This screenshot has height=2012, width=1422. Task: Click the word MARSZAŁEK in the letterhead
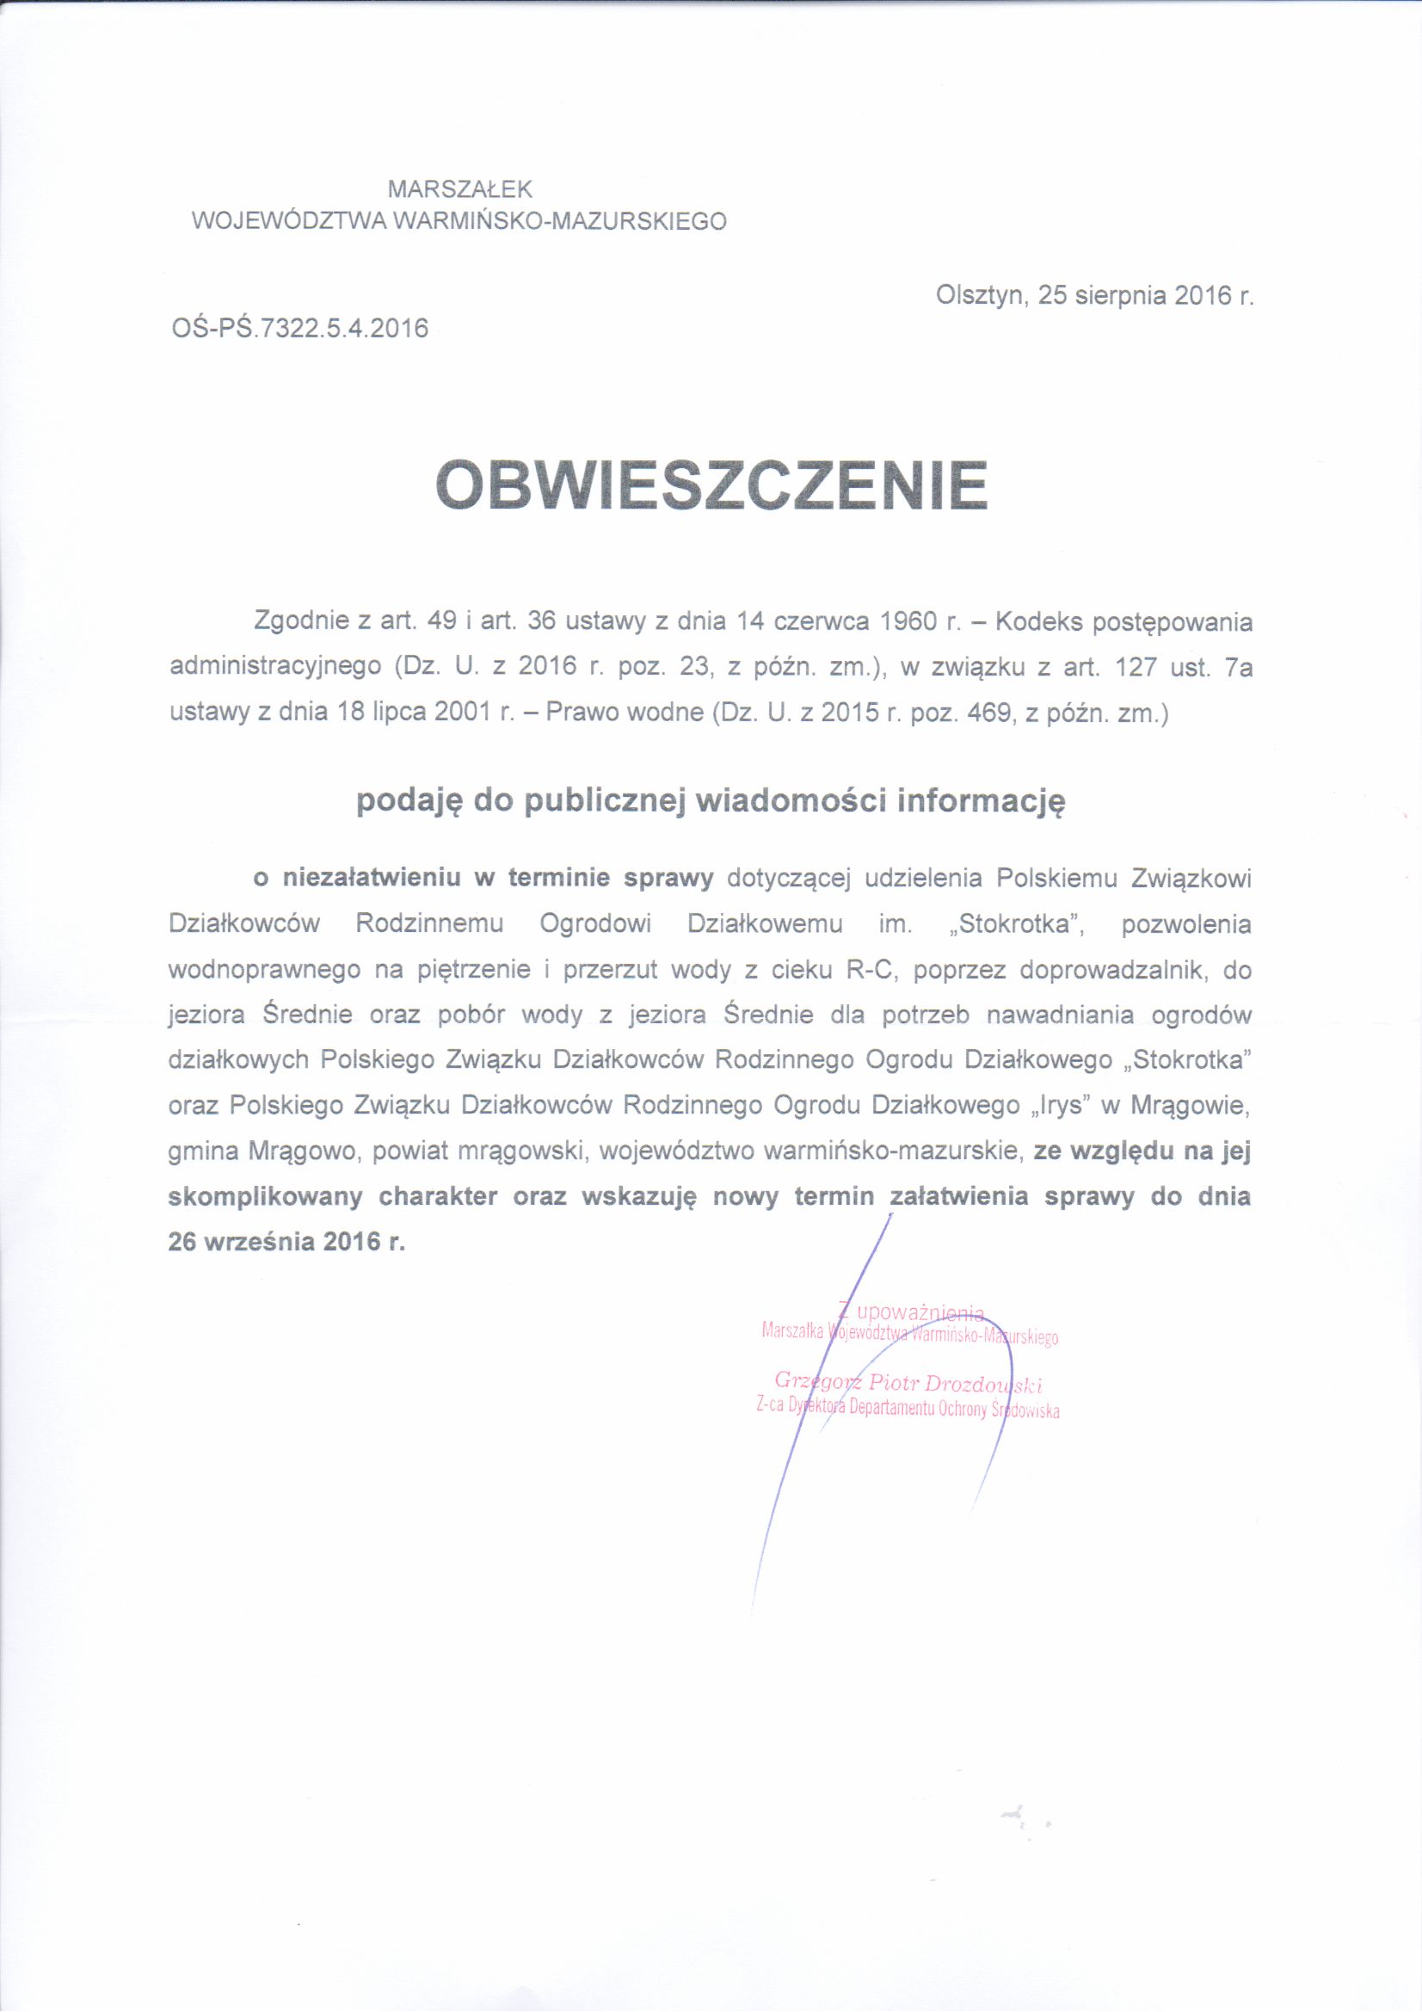click(460, 188)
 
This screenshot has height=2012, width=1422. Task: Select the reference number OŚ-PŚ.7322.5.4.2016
click(299, 328)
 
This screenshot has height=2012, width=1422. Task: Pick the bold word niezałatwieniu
click(372, 878)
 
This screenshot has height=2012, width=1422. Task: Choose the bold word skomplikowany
click(265, 1196)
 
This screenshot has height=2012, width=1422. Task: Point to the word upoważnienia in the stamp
click(920, 1312)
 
